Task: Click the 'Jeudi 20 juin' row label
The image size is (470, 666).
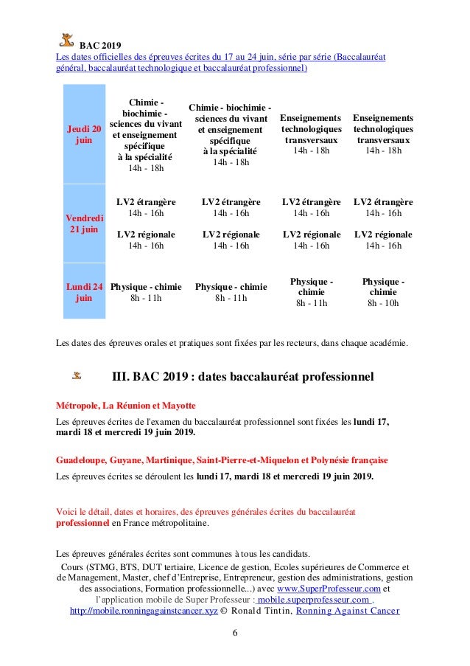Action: point(84,134)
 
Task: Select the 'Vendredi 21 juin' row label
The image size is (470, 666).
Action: point(84,223)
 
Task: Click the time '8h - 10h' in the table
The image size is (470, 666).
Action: point(383,302)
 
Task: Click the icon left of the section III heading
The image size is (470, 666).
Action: point(77,376)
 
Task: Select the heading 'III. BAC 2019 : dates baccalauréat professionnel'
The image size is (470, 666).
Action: point(242,377)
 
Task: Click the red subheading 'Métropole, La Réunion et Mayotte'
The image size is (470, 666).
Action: point(126,406)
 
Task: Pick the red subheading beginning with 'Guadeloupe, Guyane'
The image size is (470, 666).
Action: point(222,459)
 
